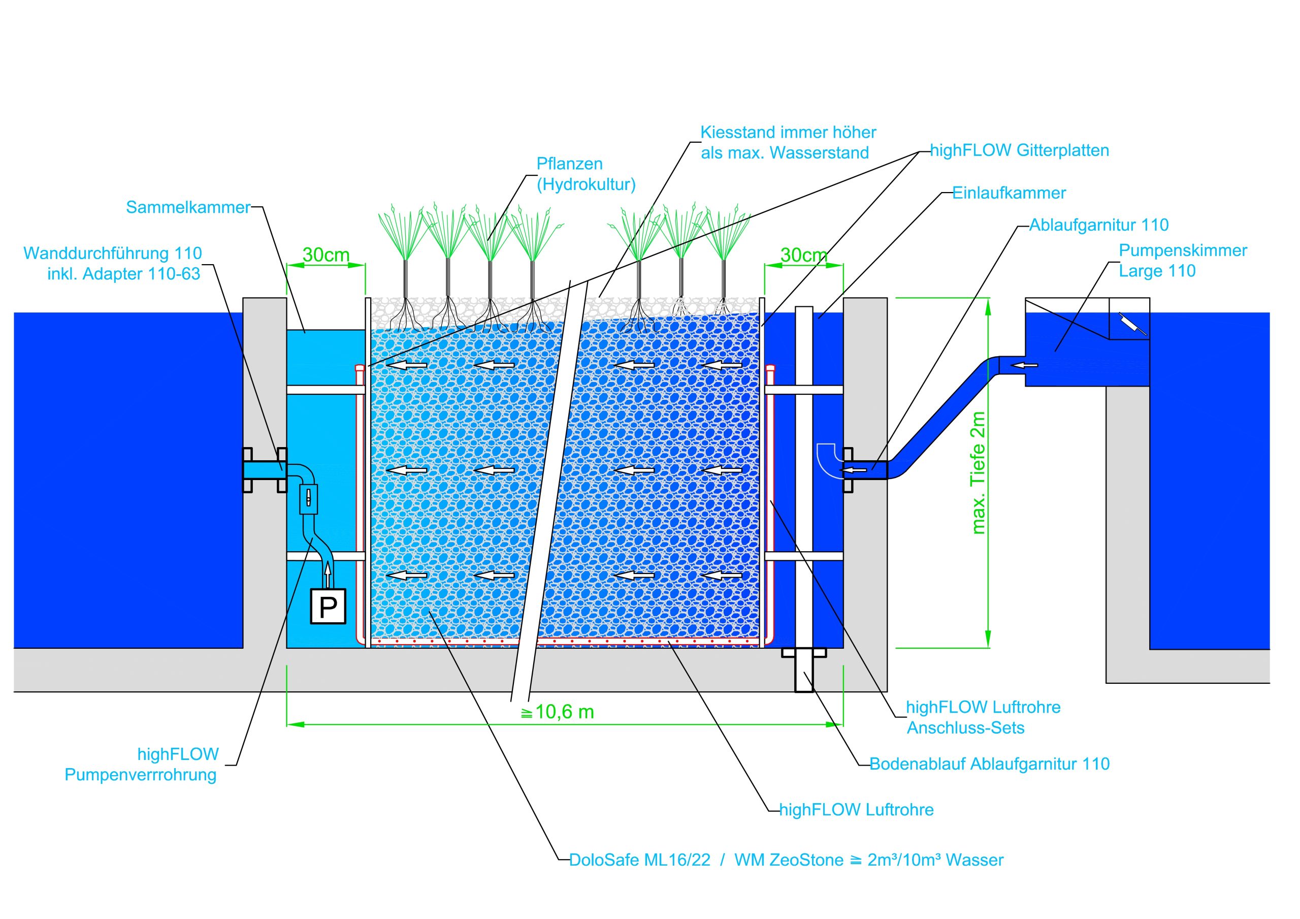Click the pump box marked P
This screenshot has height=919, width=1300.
click(x=328, y=607)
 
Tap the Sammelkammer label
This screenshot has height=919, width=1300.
click(x=187, y=207)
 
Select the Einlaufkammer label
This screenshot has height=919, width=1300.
click(x=1009, y=193)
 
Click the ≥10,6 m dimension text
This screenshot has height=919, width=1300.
click(x=557, y=712)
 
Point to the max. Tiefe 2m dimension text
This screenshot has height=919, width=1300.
click(x=978, y=473)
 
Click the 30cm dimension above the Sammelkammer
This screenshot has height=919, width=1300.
click(x=326, y=255)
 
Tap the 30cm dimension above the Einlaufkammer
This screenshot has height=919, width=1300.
click(x=803, y=256)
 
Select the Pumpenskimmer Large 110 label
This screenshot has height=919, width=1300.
click(x=1182, y=261)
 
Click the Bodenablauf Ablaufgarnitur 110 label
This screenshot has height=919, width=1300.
click(x=989, y=765)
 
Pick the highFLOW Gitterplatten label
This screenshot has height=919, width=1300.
click(x=1019, y=151)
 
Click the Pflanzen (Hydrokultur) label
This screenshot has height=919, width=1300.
click(x=586, y=174)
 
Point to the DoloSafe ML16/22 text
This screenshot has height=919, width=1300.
click(x=639, y=860)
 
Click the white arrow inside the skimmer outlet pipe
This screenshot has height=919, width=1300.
click(x=1025, y=365)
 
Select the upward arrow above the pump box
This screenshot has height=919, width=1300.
click(x=327, y=576)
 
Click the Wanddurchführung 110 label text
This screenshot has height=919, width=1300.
click(x=113, y=253)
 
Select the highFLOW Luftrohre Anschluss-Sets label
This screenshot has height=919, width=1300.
click(x=983, y=717)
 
